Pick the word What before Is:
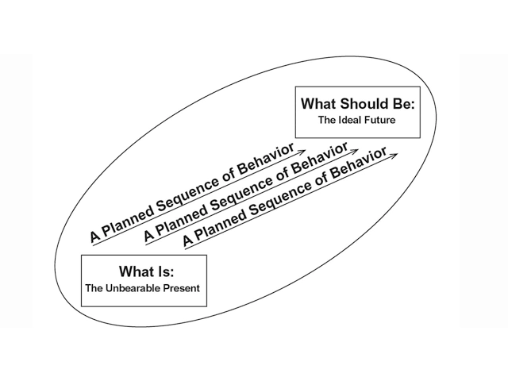coord(136,272)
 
